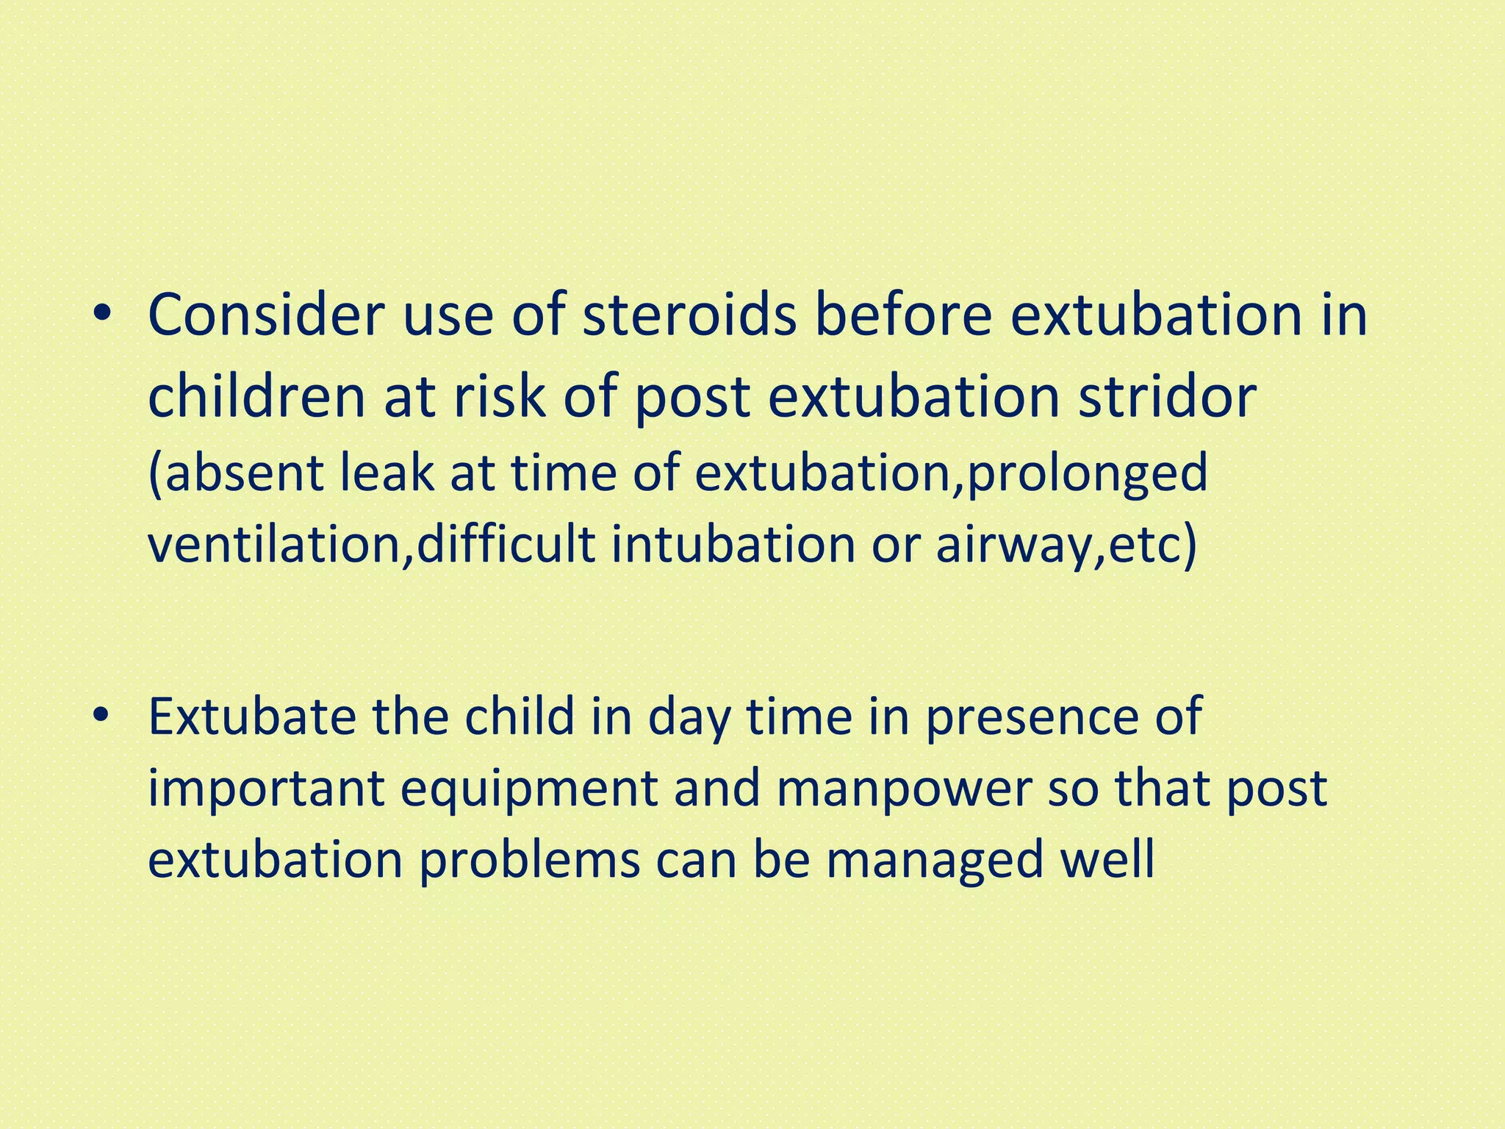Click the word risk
pos(500,397)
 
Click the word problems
pos(529,860)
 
